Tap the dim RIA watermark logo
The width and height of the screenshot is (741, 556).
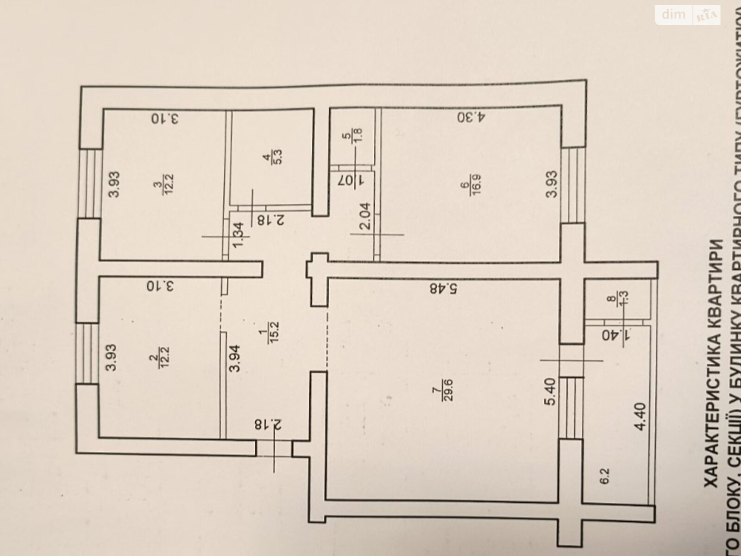tap(688, 15)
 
